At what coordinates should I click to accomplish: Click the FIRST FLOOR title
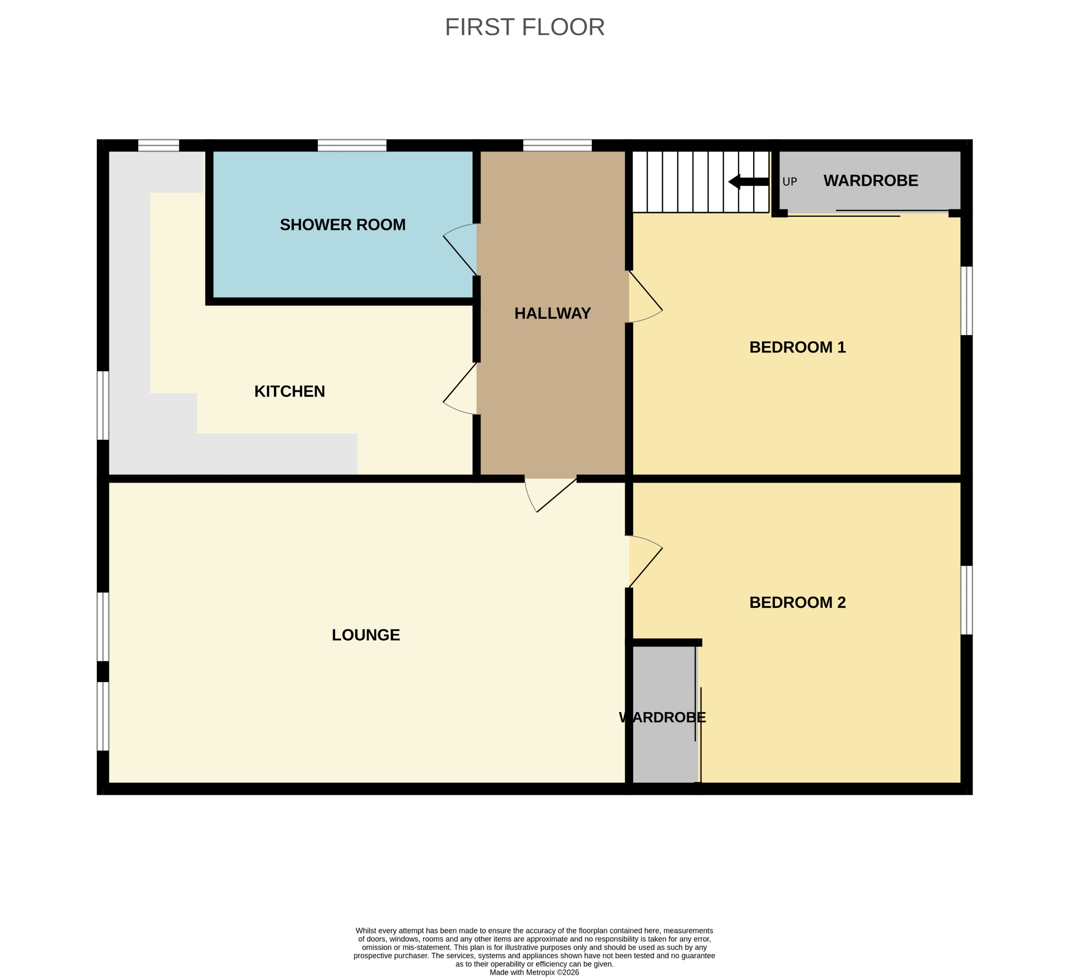(x=524, y=27)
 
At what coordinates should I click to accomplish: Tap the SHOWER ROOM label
(x=343, y=225)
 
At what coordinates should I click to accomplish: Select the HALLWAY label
(x=553, y=314)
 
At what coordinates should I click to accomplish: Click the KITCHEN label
(x=290, y=392)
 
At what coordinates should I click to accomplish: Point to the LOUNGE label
(x=366, y=635)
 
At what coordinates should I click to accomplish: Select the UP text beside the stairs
(x=790, y=182)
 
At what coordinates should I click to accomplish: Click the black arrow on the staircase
(x=748, y=182)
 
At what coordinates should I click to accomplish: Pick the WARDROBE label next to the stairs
(x=871, y=181)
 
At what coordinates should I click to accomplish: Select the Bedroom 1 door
(x=645, y=297)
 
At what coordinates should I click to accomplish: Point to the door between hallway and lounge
(x=549, y=493)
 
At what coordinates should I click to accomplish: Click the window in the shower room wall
(x=352, y=145)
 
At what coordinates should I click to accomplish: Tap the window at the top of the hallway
(x=557, y=145)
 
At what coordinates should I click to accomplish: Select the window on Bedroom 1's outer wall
(x=967, y=301)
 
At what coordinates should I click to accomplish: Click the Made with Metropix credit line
(x=534, y=972)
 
